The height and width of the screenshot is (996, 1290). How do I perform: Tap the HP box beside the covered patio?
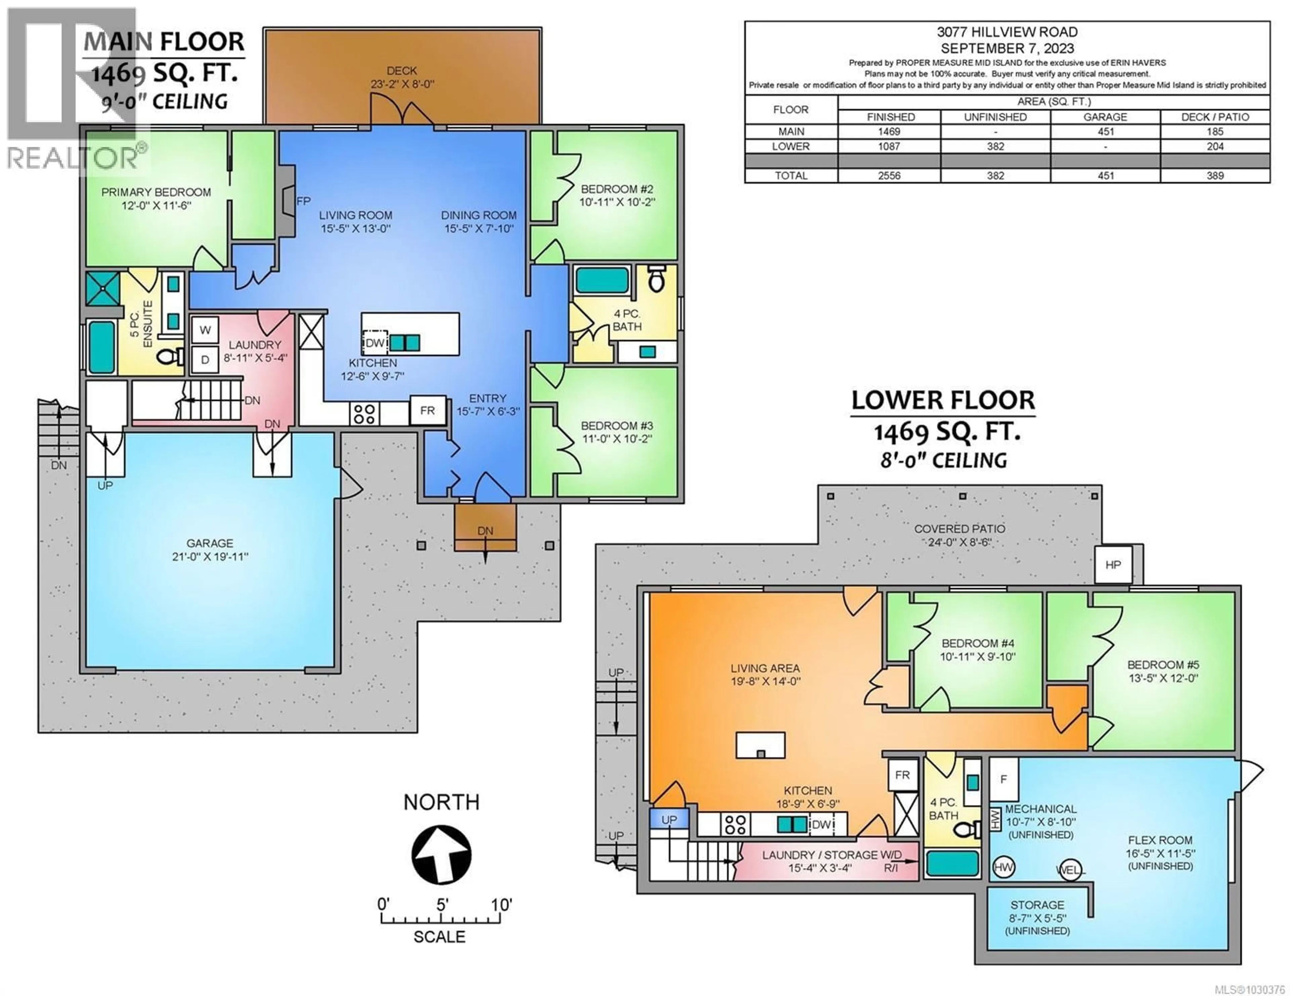[x=1113, y=565]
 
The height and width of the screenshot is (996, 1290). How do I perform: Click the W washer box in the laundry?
[x=205, y=330]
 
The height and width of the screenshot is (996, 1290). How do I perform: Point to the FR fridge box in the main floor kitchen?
[x=427, y=410]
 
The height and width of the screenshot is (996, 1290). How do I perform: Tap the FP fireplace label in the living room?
[x=303, y=201]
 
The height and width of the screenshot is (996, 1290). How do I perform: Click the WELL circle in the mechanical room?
[x=1070, y=869]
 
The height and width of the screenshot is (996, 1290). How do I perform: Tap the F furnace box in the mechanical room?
[x=1003, y=779]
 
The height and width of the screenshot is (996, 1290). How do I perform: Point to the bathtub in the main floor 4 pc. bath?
[x=602, y=280]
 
